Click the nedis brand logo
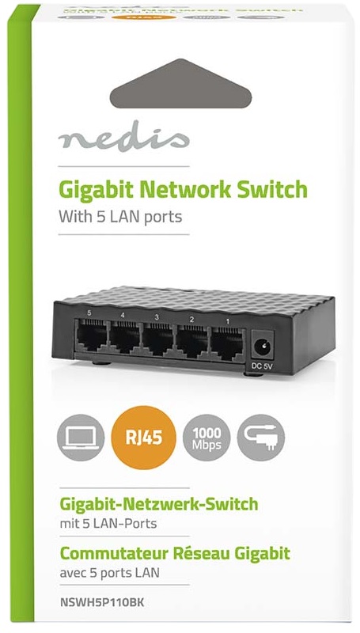123,136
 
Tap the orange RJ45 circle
144,438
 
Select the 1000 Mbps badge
207,438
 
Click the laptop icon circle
81,438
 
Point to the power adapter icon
261,438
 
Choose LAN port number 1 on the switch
228,339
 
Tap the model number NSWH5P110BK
101,603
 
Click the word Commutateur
114,553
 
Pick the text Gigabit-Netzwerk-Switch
158,504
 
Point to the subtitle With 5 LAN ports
120,217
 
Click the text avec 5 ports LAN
109,572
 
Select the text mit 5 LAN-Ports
108,524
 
